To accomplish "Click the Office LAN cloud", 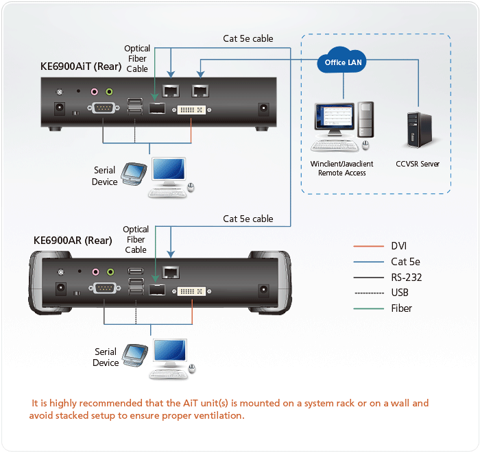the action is pos(341,60).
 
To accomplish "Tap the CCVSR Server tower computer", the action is pos(420,130).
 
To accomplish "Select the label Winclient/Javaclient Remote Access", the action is pos(341,168).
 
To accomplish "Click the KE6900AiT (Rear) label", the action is pos(81,66).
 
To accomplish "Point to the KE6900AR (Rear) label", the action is pos(73,241).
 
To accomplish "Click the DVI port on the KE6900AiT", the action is pos(191,110).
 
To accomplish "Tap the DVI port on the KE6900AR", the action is pos(191,291).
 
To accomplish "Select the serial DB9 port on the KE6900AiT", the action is pos(104,108).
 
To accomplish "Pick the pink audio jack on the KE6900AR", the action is pos(96,272).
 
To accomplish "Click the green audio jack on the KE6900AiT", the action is pos(109,91).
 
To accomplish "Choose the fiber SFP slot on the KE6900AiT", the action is pos(157,108).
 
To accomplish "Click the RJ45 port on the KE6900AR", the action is pos(171,272).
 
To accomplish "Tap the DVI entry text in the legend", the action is pos(399,246).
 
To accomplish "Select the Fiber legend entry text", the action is pos(401,308).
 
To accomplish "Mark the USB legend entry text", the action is pos(400,293).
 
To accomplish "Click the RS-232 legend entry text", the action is pos(407,278).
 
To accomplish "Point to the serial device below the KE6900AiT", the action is pos(134,174).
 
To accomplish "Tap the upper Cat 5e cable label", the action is pos(248,38).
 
